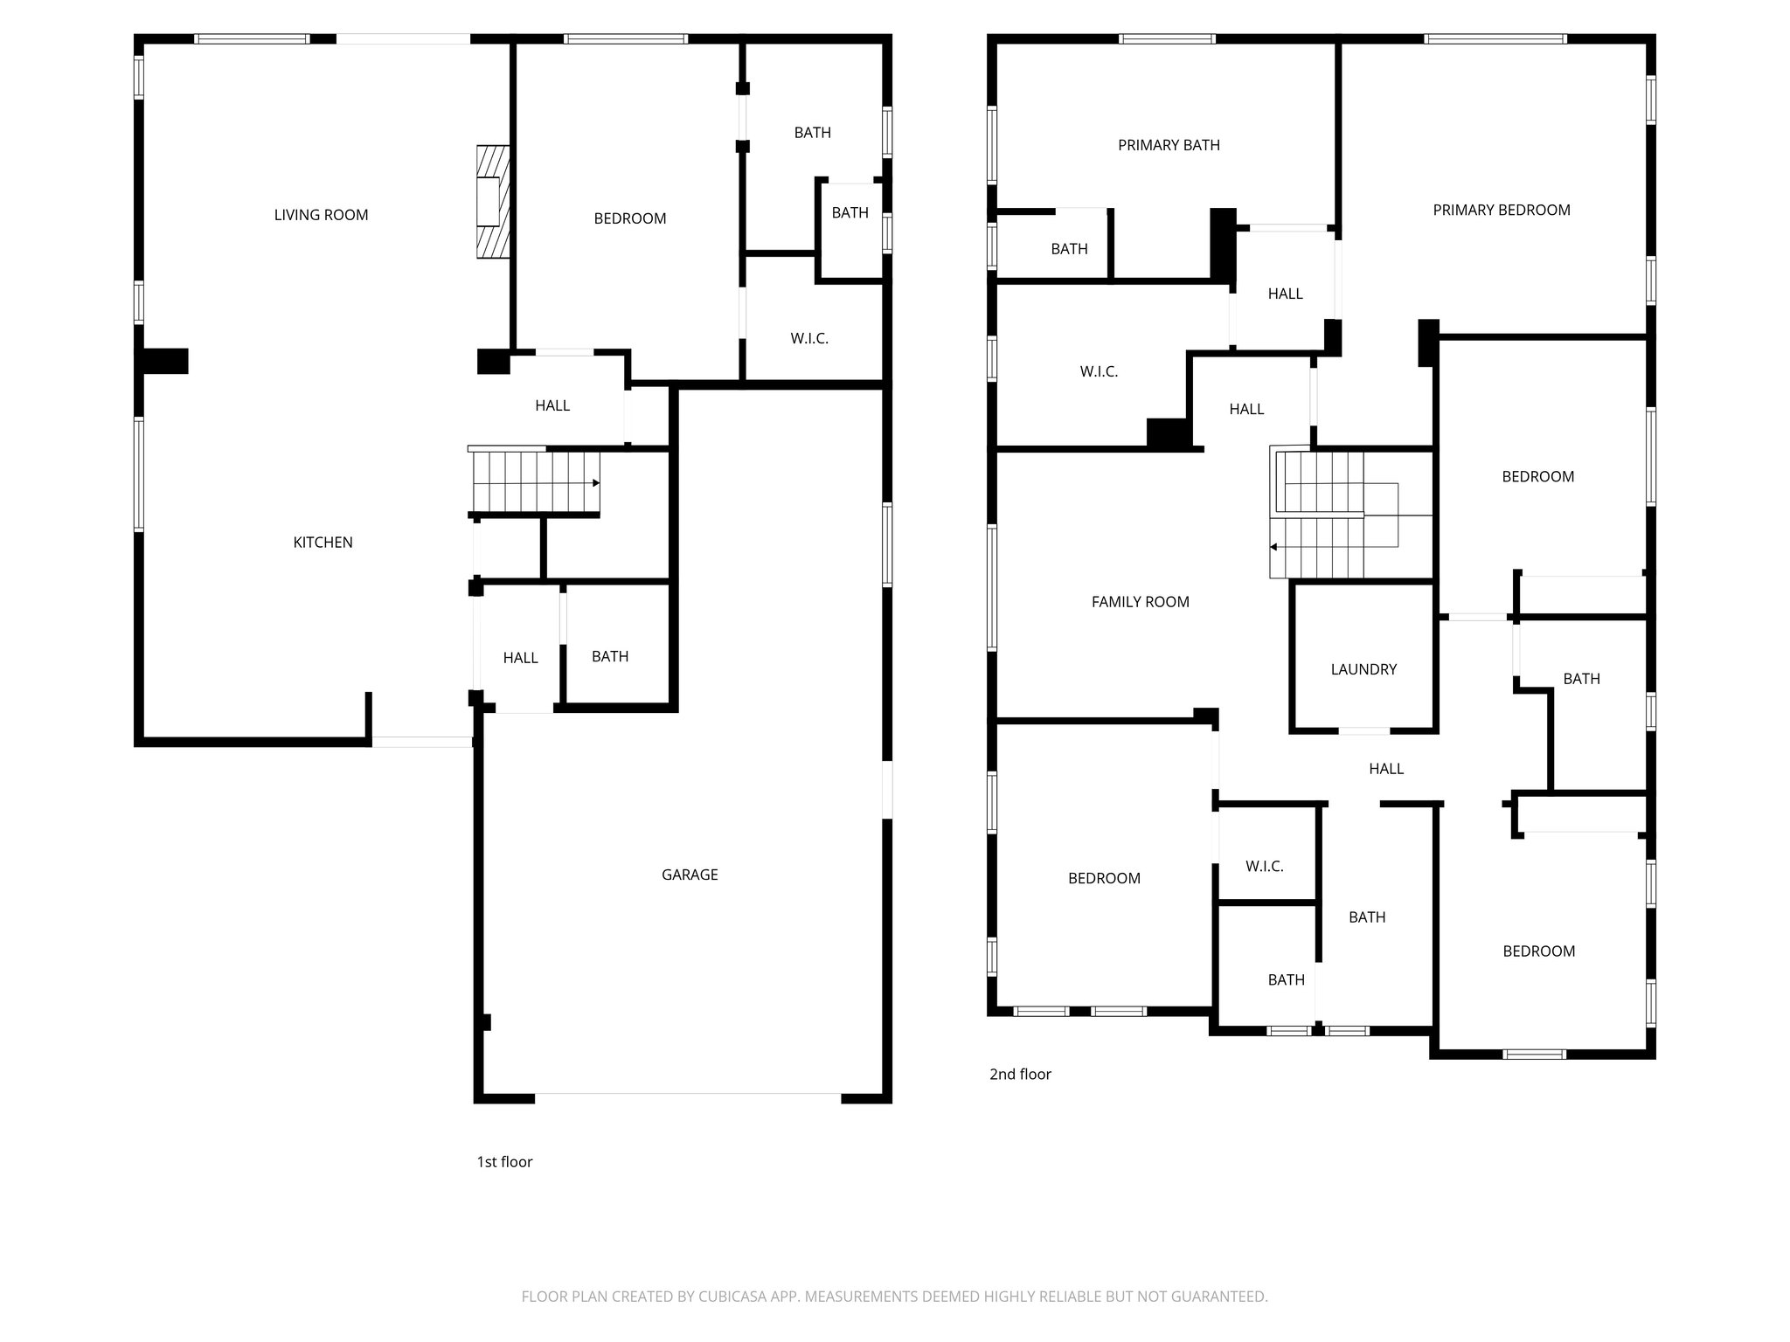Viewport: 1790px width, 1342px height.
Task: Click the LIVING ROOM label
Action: click(321, 215)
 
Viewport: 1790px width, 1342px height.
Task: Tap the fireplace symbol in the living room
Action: click(492, 202)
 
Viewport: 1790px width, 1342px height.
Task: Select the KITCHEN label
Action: click(323, 543)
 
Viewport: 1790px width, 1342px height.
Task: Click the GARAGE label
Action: click(690, 875)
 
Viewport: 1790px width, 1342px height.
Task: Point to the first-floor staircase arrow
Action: click(595, 483)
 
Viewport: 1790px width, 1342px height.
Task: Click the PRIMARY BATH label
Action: click(1169, 145)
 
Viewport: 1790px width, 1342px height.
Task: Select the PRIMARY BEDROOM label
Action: click(1501, 210)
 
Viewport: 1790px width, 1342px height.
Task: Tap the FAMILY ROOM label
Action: click(1140, 602)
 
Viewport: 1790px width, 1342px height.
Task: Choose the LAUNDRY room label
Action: click(1363, 669)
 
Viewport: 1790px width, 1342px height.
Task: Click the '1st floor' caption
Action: click(504, 1162)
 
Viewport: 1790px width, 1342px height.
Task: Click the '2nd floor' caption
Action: click(1020, 1075)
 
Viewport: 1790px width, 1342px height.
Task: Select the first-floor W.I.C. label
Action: click(809, 339)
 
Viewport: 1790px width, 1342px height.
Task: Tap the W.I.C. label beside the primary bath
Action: click(1099, 372)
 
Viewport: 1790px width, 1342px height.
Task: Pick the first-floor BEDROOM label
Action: click(629, 218)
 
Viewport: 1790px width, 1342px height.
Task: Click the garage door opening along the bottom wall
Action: click(688, 1094)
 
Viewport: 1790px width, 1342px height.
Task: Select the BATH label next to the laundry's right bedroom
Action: click(1581, 679)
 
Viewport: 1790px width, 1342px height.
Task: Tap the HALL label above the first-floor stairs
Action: click(552, 405)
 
